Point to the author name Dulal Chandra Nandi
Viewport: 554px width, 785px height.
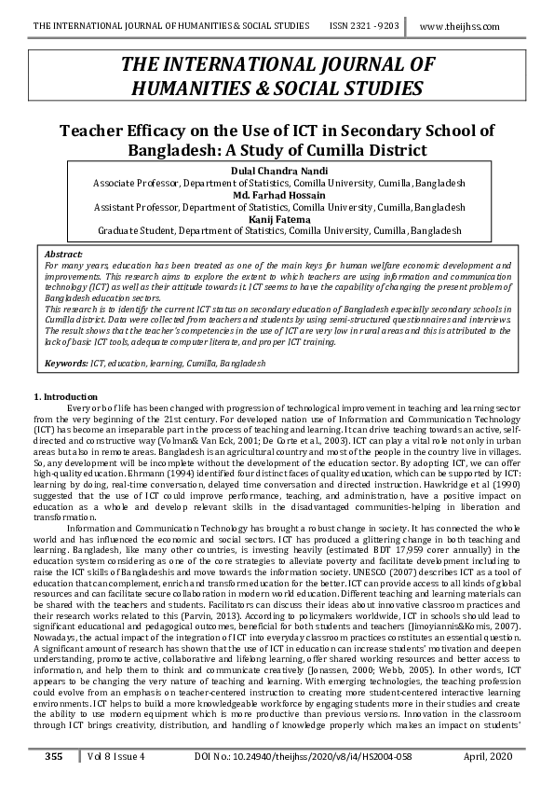278,172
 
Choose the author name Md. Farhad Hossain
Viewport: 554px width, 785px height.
278,195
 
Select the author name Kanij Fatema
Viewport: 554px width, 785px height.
278,218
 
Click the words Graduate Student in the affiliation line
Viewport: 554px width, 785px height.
134,229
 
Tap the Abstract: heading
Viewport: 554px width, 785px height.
63,254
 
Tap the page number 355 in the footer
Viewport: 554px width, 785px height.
54,756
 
